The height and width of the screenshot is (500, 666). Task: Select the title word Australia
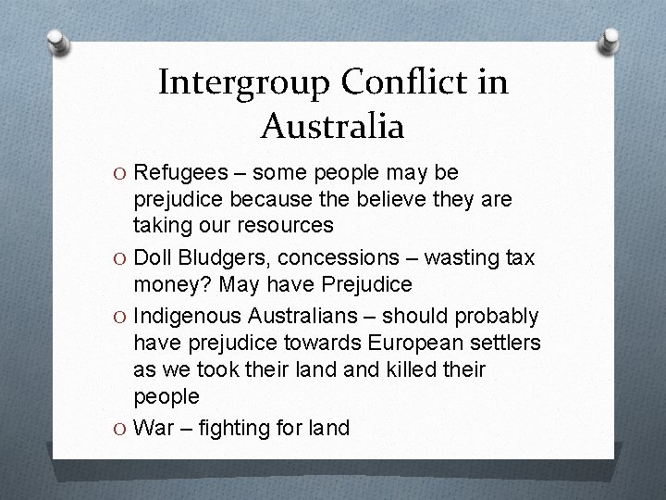(x=332, y=125)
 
